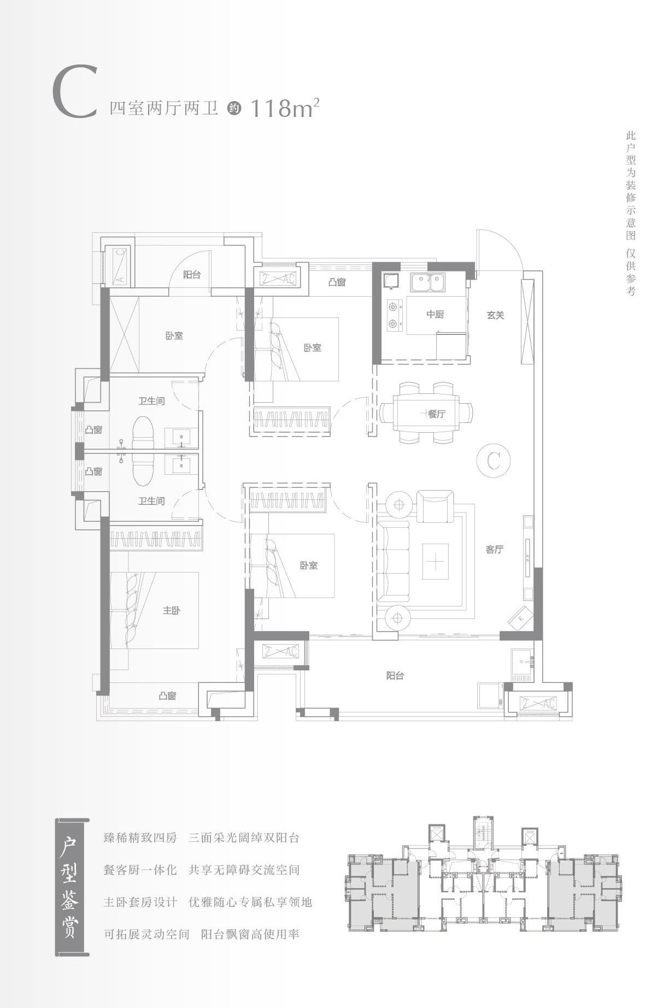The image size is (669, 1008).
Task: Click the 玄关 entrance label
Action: click(495, 315)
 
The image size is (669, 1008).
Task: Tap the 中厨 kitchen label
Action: click(435, 314)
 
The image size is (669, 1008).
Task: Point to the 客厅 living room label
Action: click(494, 550)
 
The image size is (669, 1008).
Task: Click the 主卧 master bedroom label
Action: click(171, 610)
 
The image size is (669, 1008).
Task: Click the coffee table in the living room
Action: click(435, 562)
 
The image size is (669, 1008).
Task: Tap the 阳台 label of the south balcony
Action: click(395, 676)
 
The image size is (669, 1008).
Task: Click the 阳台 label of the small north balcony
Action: click(191, 275)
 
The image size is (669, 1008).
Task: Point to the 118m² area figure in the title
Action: click(284, 108)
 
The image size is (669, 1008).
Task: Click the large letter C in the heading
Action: click(75, 92)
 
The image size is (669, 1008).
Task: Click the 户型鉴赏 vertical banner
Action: click(72, 887)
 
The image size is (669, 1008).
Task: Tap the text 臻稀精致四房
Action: click(140, 838)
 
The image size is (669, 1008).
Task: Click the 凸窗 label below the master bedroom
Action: click(167, 696)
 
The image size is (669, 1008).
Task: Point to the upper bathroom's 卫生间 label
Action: click(151, 401)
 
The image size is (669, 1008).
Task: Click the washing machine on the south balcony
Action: click(490, 695)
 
